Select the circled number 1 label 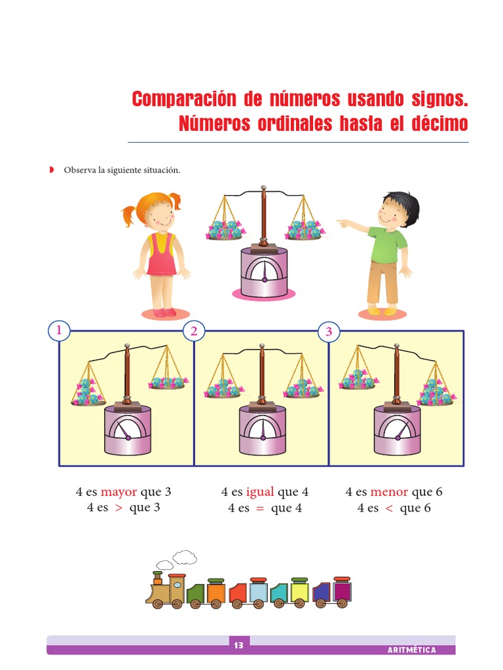pos(60,331)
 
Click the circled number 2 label pos(194,332)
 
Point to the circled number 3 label pos(329,332)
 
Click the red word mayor pos(119,492)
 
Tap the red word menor pos(389,492)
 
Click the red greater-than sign pos(118,508)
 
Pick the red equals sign pos(260,508)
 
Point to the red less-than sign pos(389,508)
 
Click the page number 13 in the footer pos(238,646)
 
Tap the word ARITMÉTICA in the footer pos(411,650)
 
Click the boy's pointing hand pos(342,222)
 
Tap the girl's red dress pos(161,258)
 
